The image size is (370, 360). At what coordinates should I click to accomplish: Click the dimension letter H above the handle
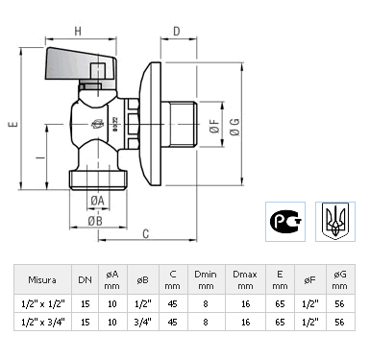point(78,31)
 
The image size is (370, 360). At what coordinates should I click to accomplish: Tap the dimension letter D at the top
point(177,31)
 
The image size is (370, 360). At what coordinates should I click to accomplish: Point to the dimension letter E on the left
point(12,124)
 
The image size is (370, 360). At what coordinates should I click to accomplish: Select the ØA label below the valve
point(97,201)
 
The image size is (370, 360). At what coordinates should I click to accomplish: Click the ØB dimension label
point(95,221)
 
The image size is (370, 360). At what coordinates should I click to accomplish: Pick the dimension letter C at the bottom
point(146,234)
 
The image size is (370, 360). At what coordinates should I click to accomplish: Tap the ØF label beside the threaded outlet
point(214,126)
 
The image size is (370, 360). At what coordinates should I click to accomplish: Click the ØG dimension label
point(234,127)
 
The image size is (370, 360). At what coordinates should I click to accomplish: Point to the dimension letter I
point(40,157)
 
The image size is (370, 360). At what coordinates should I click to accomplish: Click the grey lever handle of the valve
point(80,65)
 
